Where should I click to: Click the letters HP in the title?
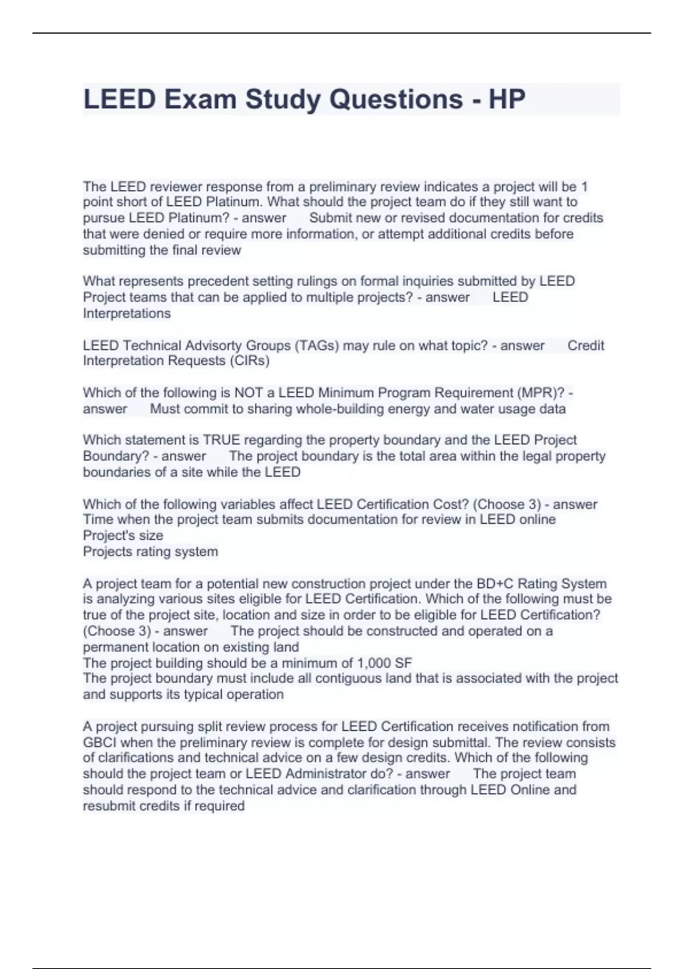507,99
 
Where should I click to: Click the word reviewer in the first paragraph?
176,186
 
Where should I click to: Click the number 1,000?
374,663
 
